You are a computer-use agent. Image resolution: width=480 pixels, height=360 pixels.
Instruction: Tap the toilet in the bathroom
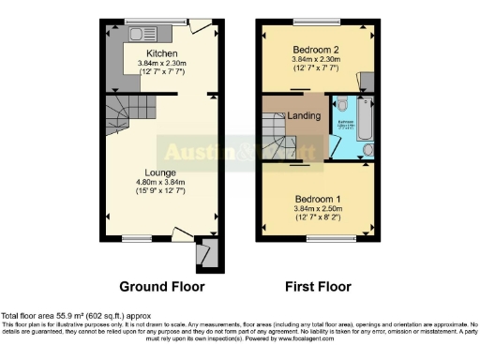pyautogui.click(x=343, y=106)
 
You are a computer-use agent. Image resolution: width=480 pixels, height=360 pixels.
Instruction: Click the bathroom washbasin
pyautogui.click(x=367, y=148)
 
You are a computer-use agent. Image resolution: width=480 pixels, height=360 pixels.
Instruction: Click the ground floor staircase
pyautogui.click(x=120, y=118)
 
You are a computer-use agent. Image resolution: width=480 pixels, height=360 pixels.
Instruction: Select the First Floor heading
pyautogui.click(x=316, y=286)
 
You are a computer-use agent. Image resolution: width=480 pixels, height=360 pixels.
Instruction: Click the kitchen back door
pyautogui.click(x=199, y=27)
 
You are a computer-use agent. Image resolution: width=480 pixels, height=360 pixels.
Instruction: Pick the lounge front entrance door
pyautogui.click(x=186, y=235)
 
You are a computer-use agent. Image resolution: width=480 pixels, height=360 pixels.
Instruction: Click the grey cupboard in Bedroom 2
pyautogui.click(x=367, y=82)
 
